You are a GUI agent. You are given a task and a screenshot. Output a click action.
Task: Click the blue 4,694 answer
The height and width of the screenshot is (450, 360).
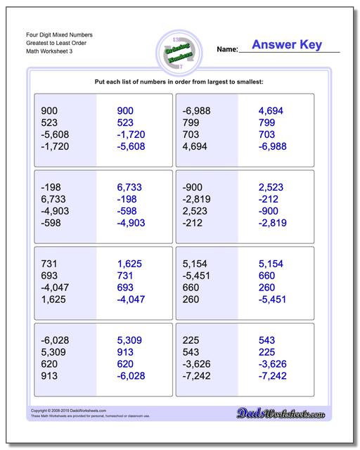pos(271,110)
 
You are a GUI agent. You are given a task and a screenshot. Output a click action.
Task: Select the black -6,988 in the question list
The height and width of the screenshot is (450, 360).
pos(197,110)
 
